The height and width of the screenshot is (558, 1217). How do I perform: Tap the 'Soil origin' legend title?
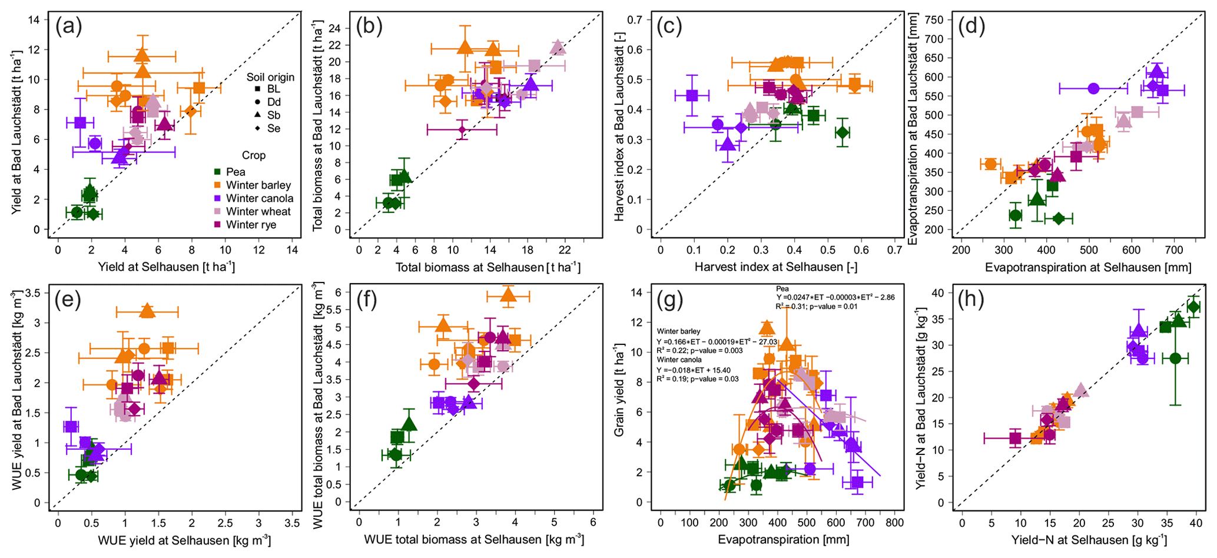pos(270,77)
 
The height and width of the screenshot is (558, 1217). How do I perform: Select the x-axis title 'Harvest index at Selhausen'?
pos(775,267)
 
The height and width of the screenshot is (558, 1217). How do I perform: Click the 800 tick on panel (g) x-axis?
pos(895,523)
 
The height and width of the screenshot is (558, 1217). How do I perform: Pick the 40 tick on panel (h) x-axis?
pos(1195,523)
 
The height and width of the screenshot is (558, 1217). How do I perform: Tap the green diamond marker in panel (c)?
pos(843,132)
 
